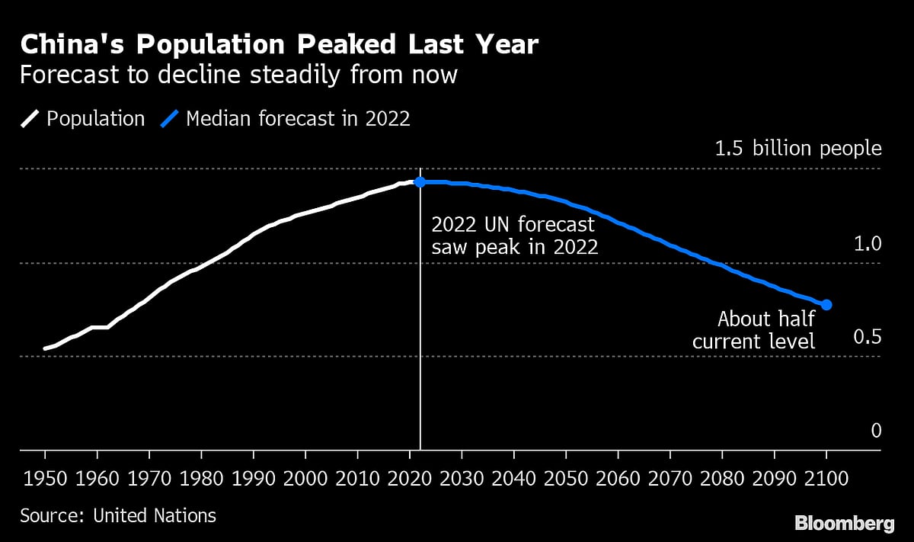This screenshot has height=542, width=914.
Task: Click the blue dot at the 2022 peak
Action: coord(420,182)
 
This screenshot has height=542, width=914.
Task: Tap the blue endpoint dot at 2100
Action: coord(826,305)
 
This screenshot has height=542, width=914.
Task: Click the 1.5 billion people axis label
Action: coord(797,149)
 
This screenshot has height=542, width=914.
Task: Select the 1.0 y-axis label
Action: coord(867,245)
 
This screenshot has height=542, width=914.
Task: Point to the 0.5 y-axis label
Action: coord(867,338)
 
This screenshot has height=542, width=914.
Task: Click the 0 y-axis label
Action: coord(876,431)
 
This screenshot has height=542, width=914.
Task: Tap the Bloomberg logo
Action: coord(845,524)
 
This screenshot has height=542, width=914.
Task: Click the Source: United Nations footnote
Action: coord(118,515)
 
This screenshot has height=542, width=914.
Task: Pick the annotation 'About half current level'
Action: coord(753,329)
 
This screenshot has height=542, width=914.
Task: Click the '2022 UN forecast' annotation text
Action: coord(513,226)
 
